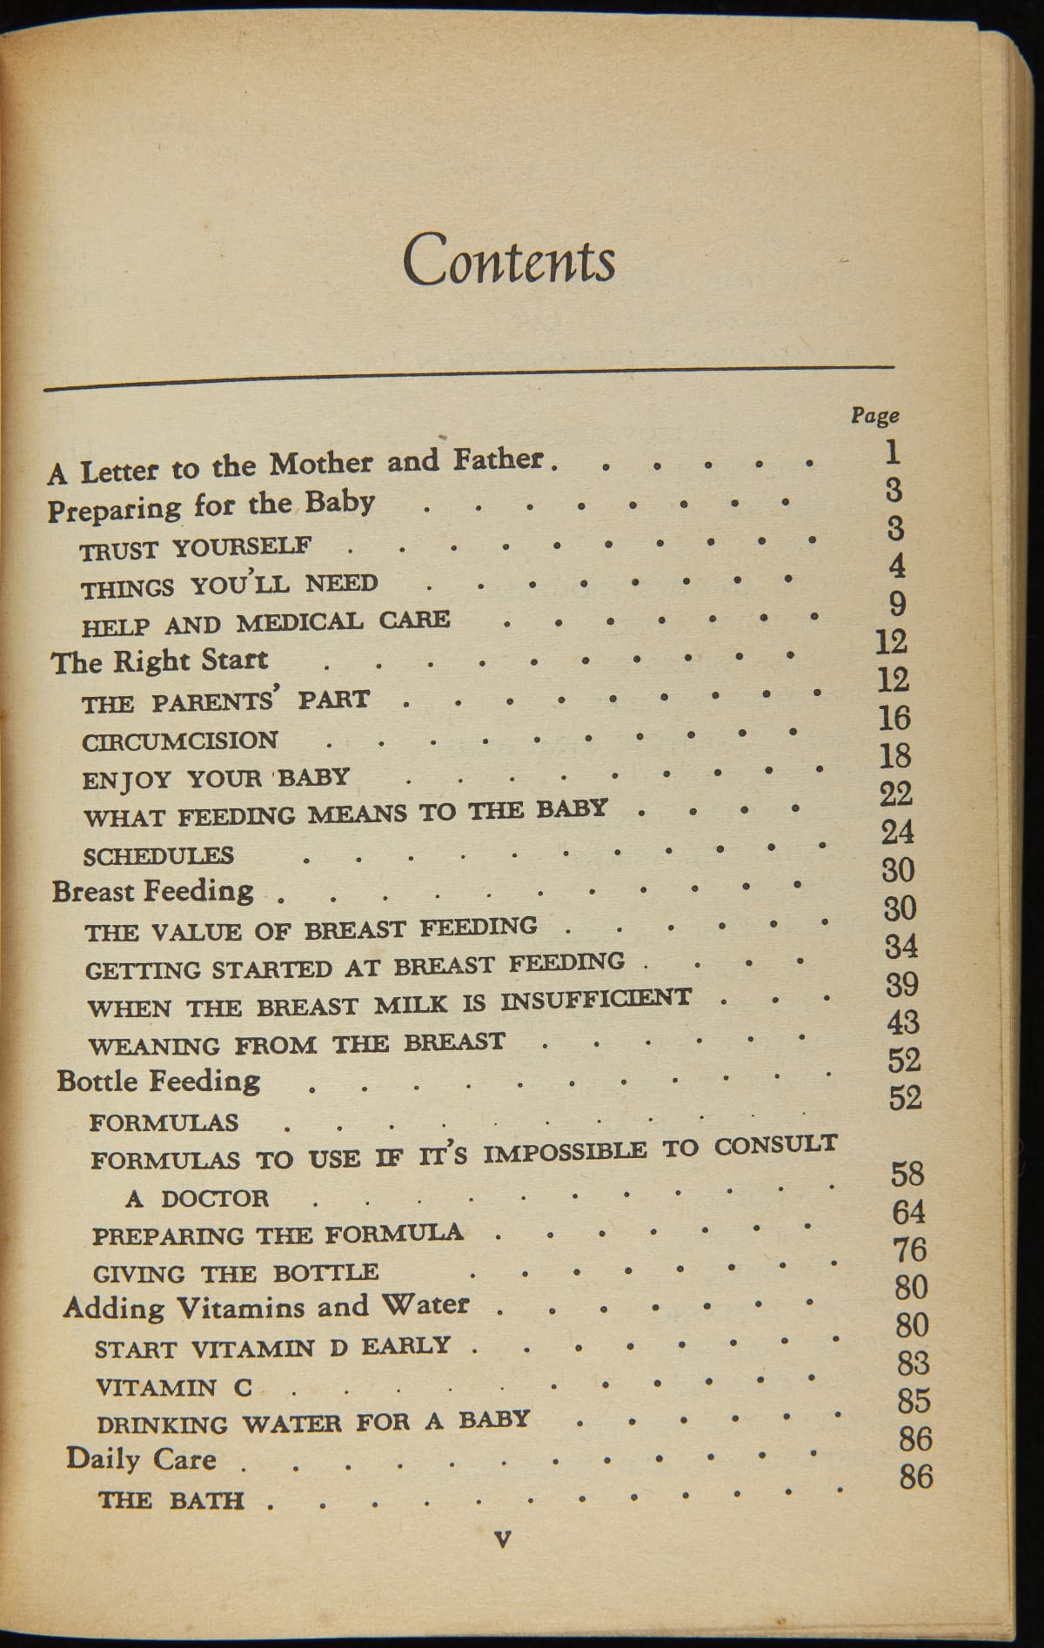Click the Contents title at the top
pos(509,258)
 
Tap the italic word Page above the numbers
pos(874,416)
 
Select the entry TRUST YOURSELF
pos(196,548)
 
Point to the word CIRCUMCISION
pos(180,741)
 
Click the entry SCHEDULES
pos(158,855)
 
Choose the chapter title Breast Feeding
pos(153,891)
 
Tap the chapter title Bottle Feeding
pos(158,1081)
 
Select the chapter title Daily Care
pos(141,1458)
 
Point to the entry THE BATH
pos(171,1500)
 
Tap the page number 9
pos(898,603)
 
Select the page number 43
pos(902,1021)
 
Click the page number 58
pos(907,1174)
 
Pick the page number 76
pos(909,1249)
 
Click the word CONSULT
pos(775,1146)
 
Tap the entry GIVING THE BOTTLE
pos(236,1273)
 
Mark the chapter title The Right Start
pos(160,661)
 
